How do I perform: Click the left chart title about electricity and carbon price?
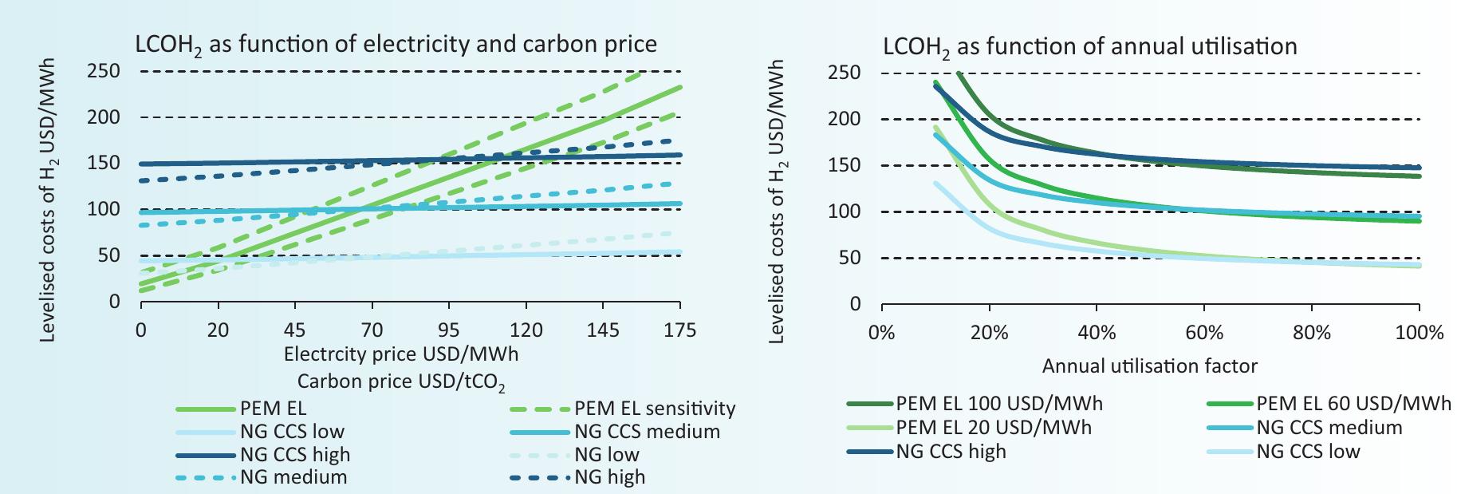tap(396, 45)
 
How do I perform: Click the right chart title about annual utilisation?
tap(1089, 46)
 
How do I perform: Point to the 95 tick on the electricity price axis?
tap(449, 330)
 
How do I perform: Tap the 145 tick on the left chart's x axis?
tap(603, 330)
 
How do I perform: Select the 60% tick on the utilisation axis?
tap(1204, 333)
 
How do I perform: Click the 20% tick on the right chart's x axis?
tap(989, 333)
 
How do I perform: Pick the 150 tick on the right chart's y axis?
tap(845, 165)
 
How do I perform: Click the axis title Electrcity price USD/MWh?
tap(401, 353)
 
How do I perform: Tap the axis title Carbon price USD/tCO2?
tap(401, 381)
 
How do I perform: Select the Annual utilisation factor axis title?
tap(1149, 366)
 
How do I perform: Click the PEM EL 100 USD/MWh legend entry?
tap(998, 403)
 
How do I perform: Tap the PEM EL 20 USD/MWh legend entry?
tap(993, 427)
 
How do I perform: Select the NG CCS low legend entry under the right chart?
tap(1307, 451)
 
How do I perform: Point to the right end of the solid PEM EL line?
tap(679, 87)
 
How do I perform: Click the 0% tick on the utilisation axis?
tap(881, 333)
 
